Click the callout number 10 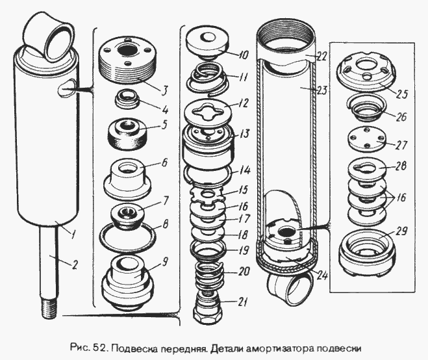(x=244, y=55)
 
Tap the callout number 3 (x=164, y=91)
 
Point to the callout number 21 (x=243, y=302)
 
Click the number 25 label (x=401, y=94)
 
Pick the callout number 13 (x=245, y=134)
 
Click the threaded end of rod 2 (x=50, y=309)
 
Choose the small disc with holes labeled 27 (x=368, y=140)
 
